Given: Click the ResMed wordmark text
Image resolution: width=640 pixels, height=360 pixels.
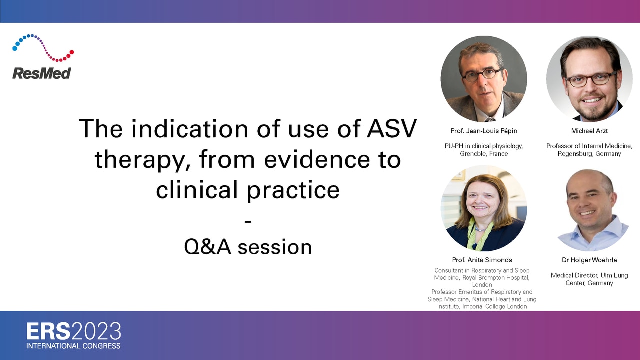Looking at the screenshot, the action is pos(41,73).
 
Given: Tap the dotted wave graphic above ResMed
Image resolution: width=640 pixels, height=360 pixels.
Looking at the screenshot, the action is pos(43,47).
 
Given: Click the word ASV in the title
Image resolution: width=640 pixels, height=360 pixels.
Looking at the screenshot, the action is pos(392,128).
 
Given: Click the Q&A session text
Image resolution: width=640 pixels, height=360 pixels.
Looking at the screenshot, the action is pos(248,247).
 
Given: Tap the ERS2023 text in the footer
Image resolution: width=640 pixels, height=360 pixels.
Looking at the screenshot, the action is pos(74,331).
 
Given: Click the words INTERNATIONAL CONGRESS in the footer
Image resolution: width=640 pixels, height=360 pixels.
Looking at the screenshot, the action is pos(73,346).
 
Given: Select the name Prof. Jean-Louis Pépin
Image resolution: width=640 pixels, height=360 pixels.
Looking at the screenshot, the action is pos(484,131).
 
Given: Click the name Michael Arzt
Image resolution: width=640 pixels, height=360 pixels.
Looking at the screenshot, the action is pos(589,131).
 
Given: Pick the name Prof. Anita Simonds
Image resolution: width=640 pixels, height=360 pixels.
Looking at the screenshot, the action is pos(482,260).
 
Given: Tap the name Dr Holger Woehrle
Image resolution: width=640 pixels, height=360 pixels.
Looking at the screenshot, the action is pos(589,260).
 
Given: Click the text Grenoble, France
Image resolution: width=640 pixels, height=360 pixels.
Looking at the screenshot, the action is pos(484,154).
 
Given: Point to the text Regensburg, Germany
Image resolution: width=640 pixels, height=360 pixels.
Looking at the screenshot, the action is pos(589,154).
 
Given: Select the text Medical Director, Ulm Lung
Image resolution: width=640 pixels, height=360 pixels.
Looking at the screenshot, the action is pos(589,275).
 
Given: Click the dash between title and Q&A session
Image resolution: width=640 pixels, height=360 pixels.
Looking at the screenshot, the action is pos(248,221).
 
